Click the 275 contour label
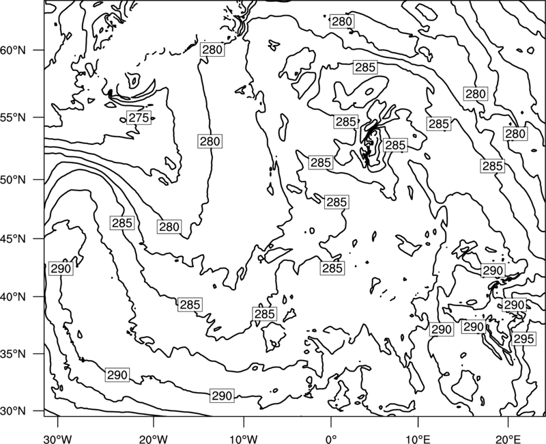(x=139, y=117)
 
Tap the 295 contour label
(x=523, y=338)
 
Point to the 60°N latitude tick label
(x=13, y=50)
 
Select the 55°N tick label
(x=13, y=117)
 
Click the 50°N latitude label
(x=13, y=180)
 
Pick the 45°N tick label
(x=13, y=239)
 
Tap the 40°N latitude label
(x=13, y=297)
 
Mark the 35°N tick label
(x=13, y=354)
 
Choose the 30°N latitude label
(x=13, y=411)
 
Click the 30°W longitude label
(x=58, y=439)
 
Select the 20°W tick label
(x=153, y=439)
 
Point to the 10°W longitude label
(x=244, y=439)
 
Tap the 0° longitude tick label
(x=331, y=439)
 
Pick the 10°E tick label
(x=418, y=439)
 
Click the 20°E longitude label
(x=508, y=439)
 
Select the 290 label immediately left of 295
(x=474, y=327)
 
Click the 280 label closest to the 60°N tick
(x=212, y=49)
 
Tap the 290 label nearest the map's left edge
(x=61, y=268)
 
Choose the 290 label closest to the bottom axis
(x=222, y=396)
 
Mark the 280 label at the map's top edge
(x=342, y=21)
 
